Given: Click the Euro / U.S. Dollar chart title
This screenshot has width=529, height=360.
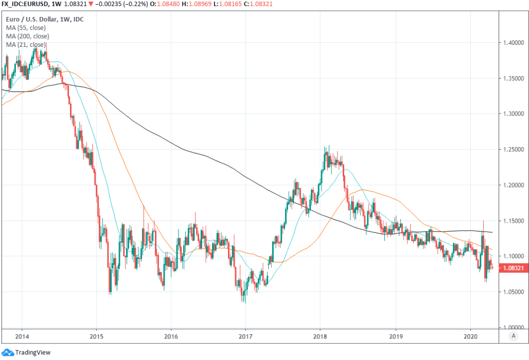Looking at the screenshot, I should [46, 20].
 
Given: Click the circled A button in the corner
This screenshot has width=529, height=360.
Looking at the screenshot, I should [513, 336].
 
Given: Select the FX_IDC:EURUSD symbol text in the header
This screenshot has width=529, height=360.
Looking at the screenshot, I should [27, 4].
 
